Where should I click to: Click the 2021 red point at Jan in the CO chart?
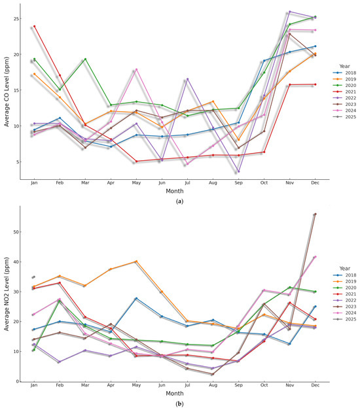click(34, 26)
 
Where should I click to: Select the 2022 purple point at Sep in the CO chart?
click(238, 172)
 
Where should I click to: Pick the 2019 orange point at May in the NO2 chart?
click(136, 262)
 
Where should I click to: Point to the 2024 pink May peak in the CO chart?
click(136, 69)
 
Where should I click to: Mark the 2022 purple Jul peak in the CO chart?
click(187, 79)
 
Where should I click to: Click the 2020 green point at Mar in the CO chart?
click(85, 59)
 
